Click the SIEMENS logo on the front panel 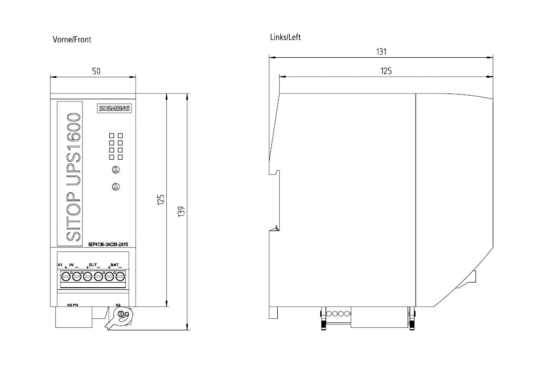(x=114, y=108)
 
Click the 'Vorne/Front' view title (x=72, y=39)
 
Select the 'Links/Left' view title (x=285, y=37)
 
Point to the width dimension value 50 (x=96, y=71)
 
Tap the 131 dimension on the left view (x=381, y=51)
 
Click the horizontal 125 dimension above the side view (x=386, y=71)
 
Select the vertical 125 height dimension (x=161, y=200)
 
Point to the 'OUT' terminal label (x=93, y=264)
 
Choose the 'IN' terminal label (x=72, y=264)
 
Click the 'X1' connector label (x=60, y=264)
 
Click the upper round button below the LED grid (x=116, y=169)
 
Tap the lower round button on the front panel (x=116, y=186)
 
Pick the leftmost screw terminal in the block (x=66, y=276)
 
